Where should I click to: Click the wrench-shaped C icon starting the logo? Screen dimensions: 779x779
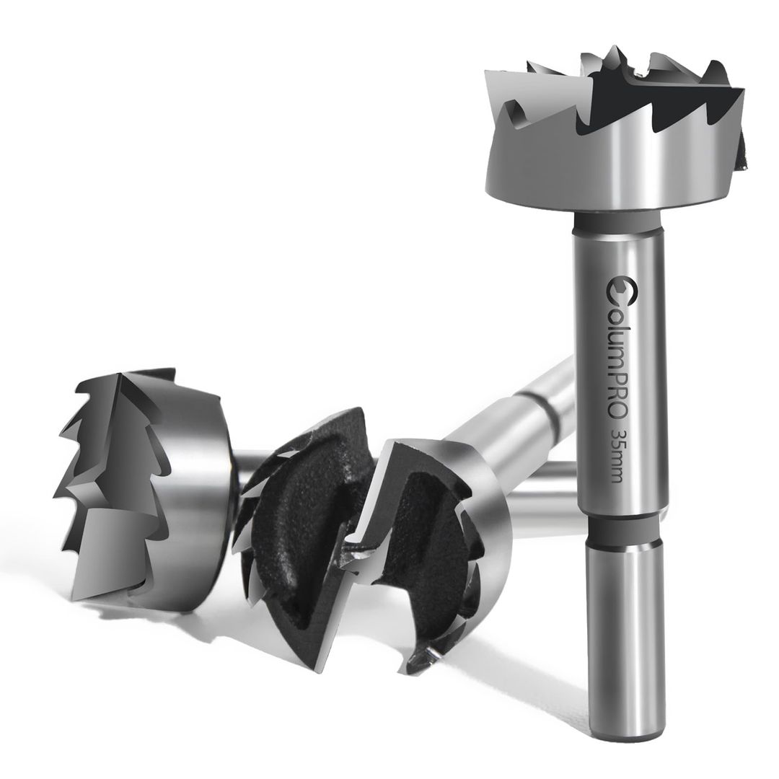pyautogui.click(x=618, y=288)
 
